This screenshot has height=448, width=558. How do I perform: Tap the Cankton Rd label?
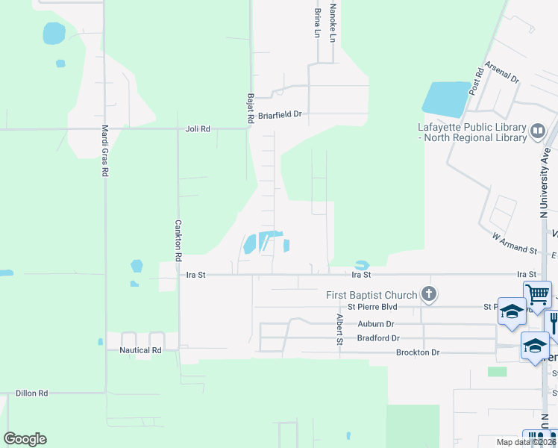[178, 240]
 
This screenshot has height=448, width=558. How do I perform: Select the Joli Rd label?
[198, 129]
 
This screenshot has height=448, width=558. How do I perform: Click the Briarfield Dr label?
[280, 115]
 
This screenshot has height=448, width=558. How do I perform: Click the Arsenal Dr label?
[501, 73]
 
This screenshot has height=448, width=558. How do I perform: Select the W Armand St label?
[515, 243]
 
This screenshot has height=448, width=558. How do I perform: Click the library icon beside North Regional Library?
[537, 133]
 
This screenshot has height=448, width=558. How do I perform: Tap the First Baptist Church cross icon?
[428, 294]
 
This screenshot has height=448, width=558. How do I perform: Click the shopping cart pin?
[537, 294]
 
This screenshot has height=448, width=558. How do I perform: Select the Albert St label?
[339, 329]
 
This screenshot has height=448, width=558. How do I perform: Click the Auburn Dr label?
[375, 324]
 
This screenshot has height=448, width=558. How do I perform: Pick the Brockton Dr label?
[418, 352]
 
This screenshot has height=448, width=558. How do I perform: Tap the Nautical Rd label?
[141, 349]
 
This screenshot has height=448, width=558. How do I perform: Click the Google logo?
[25, 438]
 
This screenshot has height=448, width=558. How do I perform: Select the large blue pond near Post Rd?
[447, 99]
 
